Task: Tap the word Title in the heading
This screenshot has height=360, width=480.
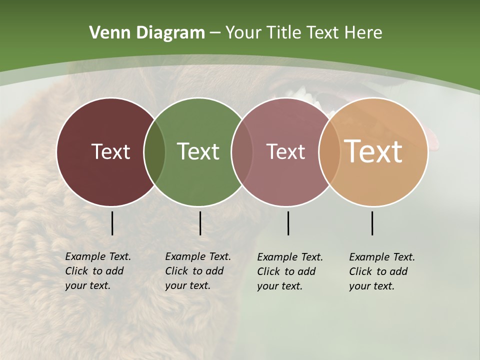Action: point(284,33)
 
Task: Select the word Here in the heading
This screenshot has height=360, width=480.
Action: point(363,33)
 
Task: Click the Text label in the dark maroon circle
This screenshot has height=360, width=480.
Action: point(110,151)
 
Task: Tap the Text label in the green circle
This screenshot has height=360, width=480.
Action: point(198,151)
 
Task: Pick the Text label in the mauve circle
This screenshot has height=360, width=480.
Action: point(285,151)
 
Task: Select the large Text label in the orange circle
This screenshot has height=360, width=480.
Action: point(373,151)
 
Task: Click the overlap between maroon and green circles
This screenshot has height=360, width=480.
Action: point(154,152)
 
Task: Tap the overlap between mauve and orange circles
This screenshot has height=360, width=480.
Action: point(329,152)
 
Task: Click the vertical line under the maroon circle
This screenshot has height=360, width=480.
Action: point(112,223)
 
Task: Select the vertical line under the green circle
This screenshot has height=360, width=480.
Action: point(200,223)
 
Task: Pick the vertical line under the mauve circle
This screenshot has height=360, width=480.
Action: point(288,223)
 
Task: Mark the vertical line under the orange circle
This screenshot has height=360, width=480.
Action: point(372,223)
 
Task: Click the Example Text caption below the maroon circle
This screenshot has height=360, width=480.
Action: point(97,271)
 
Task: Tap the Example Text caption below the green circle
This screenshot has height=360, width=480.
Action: point(197,271)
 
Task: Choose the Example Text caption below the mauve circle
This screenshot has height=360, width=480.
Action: point(289,271)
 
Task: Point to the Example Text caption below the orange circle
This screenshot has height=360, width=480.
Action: point(381,271)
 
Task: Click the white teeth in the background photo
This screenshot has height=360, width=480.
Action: point(300,93)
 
